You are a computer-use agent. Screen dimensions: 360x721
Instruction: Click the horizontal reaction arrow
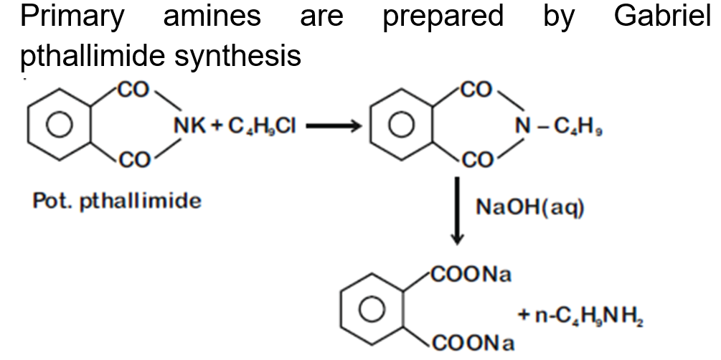[334, 128]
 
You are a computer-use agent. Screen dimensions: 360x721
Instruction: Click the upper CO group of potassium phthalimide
[131, 90]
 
